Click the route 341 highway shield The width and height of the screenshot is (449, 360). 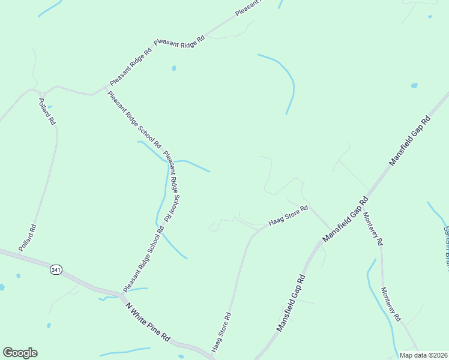[x=56, y=270]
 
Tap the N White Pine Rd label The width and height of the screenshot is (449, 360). [x=148, y=322]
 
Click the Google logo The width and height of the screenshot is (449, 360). [x=20, y=353]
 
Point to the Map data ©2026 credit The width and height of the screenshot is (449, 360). [x=423, y=355]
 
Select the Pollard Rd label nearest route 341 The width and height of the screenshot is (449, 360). [x=28, y=238]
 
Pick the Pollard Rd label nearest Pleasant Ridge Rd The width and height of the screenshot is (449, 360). [x=47, y=111]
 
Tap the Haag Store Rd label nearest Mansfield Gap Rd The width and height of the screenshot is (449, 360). [x=288, y=216]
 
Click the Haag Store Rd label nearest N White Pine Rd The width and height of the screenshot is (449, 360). [x=221, y=332]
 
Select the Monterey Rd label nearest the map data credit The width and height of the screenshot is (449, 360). [x=390, y=304]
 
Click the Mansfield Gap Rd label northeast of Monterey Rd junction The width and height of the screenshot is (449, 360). [x=410, y=141]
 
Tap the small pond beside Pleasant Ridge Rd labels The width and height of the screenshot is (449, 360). [x=174, y=68]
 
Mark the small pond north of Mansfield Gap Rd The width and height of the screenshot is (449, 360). [x=414, y=86]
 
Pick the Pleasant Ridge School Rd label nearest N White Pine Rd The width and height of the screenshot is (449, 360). [x=143, y=259]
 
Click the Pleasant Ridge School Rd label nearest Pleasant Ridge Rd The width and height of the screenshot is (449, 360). [x=134, y=119]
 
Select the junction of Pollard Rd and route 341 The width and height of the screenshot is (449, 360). [x=19, y=254]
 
